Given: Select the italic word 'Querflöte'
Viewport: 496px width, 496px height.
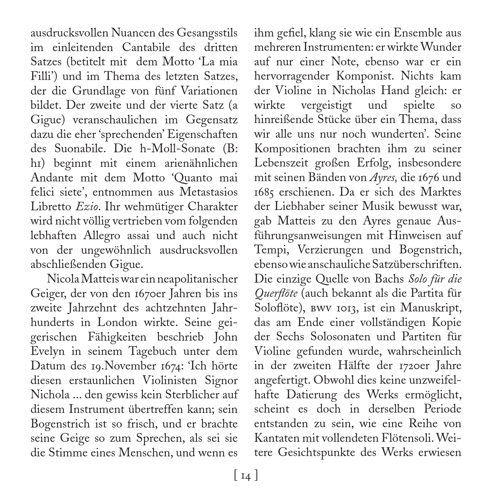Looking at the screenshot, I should [x=276, y=294].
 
